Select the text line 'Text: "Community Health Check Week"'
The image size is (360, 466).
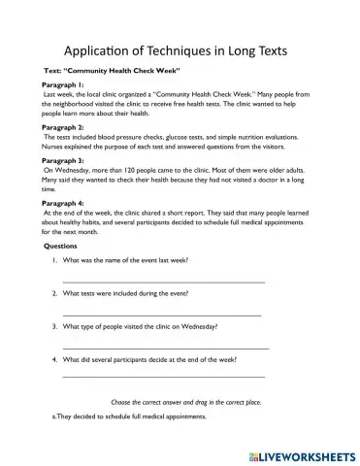pyautogui.click(x=112, y=73)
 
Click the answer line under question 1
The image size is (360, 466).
pyautogui.click(x=163, y=283)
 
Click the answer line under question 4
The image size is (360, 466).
pyautogui.click(x=163, y=376)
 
